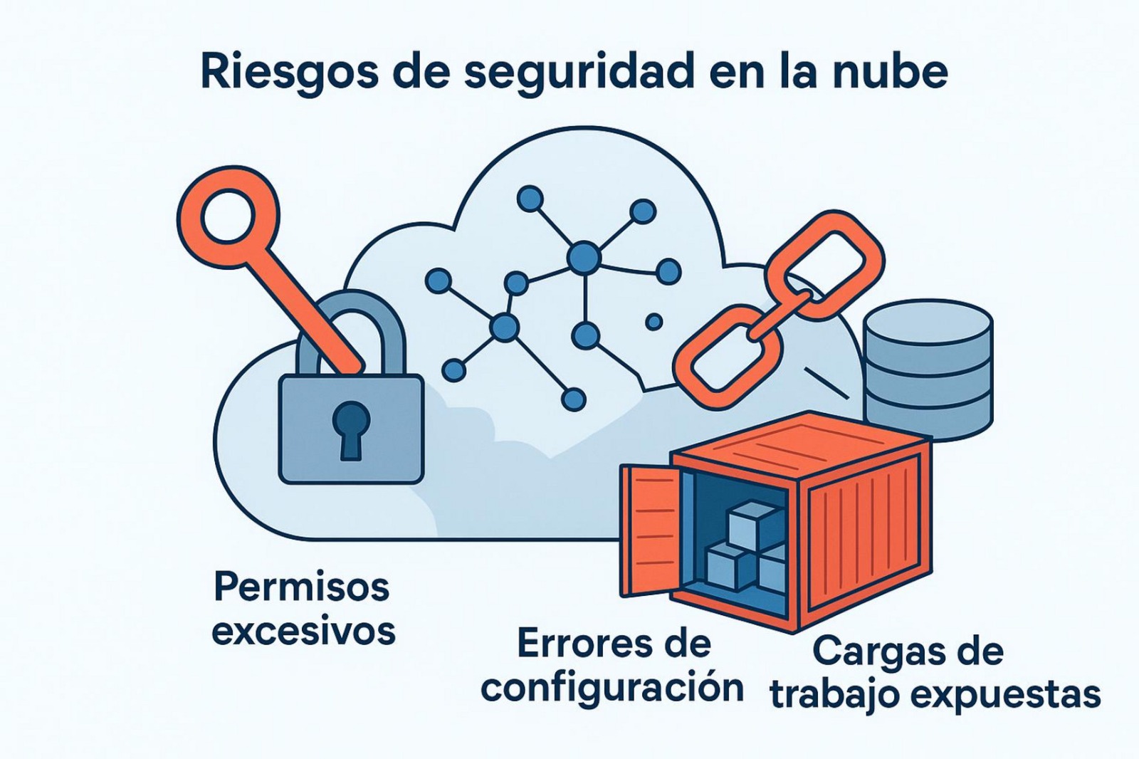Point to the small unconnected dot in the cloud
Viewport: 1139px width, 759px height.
654,322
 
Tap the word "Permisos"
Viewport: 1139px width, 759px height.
302,587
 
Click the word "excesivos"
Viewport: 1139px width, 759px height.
303,632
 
